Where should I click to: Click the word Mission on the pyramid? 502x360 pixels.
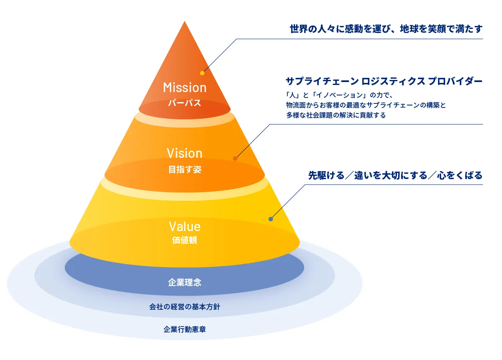184,87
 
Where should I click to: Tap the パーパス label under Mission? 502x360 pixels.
184,103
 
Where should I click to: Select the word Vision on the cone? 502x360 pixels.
184,153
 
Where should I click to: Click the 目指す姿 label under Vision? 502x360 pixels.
184,170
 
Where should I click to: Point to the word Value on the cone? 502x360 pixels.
184,226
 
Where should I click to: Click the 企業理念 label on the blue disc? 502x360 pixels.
184,282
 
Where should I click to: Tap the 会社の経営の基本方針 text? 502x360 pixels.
184,307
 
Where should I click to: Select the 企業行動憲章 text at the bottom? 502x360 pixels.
184,329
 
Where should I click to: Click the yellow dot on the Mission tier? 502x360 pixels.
202,73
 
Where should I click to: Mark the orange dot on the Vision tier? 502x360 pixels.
235,159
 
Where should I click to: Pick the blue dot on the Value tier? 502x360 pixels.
271,219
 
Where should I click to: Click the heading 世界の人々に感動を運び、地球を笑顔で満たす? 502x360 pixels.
386,29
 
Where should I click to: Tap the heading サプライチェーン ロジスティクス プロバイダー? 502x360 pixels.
384,81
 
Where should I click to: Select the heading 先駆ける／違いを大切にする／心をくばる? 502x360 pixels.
395,175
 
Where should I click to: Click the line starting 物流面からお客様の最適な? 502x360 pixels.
366,105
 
